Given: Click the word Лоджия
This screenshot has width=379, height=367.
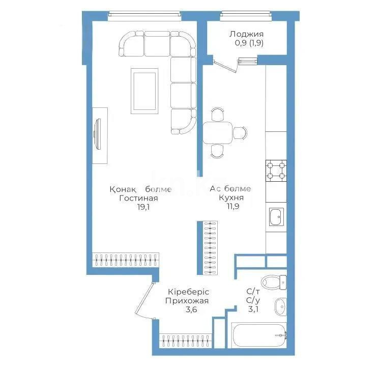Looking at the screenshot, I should [243, 34].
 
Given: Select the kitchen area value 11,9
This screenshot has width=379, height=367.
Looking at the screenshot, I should [230, 207].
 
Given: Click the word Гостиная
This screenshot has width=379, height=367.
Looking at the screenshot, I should [138, 198].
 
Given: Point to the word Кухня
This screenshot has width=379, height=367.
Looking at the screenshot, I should [230, 198].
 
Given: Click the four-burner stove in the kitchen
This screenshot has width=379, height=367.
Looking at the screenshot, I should [276, 171].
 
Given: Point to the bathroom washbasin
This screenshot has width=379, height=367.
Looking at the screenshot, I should [279, 306].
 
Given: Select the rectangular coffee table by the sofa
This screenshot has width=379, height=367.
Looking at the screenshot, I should [145, 91].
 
